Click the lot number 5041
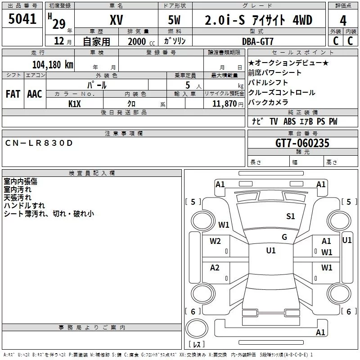click(x=22, y=19)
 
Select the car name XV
click(x=117, y=20)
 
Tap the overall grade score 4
click(x=343, y=21)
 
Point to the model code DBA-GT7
click(x=258, y=41)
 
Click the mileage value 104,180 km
click(x=53, y=64)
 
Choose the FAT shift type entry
click(x=13, y=94)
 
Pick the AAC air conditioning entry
click(x=35, y=94)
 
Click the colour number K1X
click(x=75, y=104)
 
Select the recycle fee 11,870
click(x=224, y=104)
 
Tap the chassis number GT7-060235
click(x=302, y=143)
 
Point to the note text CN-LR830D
click(x=39, y=143)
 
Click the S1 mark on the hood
click(x=290, y=216)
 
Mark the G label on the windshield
click(x=284, y=237)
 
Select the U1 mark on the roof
click(x=271, y=250)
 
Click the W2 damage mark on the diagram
click(x=215, y=241)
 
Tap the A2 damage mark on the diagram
click(x=215, y=267)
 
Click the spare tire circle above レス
click(x=197, y=328)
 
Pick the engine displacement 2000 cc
click(x=141, y=41)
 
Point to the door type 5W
click(x=174, y=20)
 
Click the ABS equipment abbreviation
click(x=289, y=121)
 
